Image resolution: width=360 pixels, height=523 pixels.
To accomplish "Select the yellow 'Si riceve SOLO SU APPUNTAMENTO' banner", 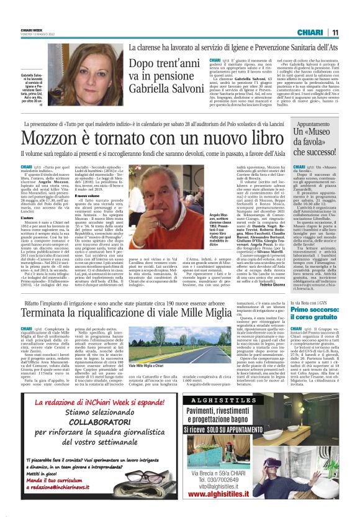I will [248, 429].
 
